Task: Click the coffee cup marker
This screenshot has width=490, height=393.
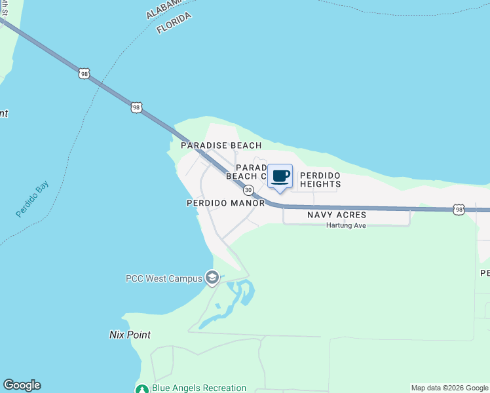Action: pos(280,176)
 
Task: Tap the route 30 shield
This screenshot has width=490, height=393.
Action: pos(248,190)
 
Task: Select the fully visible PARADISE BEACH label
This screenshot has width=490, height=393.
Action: pos(221,145)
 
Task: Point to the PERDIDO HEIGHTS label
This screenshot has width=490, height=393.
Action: pos(320,180)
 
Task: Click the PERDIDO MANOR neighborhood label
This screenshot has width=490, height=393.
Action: pos(225,203)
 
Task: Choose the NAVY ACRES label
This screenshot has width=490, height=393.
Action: pos(337,215)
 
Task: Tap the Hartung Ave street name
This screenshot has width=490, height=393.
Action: pos(346,225)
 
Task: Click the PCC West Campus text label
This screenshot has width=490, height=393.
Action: pos(164,278)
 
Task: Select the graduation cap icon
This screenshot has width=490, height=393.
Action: pos(212,278)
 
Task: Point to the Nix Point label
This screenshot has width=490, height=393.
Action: pos(130,335)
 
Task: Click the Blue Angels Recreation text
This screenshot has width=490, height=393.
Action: pos(199,388)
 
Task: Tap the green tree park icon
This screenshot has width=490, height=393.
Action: pos(142,388)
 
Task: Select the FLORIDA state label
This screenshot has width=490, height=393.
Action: pos(174,24)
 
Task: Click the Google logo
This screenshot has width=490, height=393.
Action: pos(22,385)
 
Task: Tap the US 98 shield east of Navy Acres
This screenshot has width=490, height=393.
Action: pos(459,210)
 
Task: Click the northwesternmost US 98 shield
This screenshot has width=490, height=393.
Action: pos(84,73)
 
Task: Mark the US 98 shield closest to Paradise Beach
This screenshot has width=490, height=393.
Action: pos(136,107)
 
